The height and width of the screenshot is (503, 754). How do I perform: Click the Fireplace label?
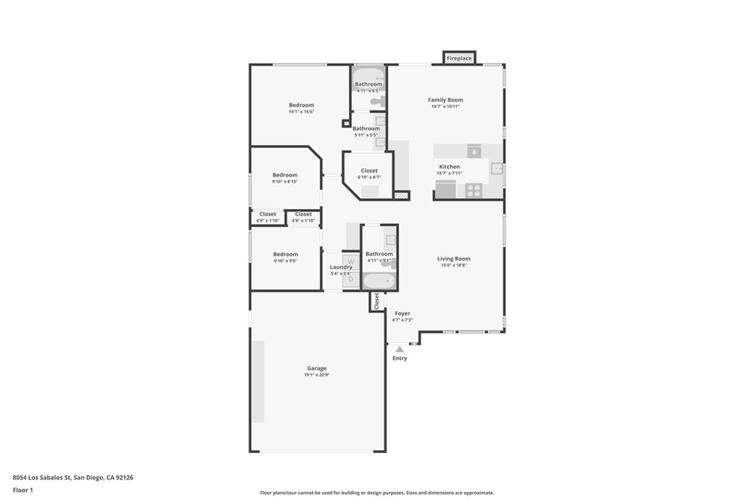point(459,58)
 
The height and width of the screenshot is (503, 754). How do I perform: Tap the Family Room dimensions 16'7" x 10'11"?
point(445,107)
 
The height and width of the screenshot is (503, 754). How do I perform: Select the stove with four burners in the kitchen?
point(473,191)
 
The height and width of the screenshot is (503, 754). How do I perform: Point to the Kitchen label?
point(449,166)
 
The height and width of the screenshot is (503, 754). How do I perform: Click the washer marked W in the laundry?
point(351,261)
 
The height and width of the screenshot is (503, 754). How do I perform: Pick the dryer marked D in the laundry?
point(351,279)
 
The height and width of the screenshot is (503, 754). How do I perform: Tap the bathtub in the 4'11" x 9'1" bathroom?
point(379,281)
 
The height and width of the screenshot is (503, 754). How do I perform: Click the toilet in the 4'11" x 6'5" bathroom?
point(376,101)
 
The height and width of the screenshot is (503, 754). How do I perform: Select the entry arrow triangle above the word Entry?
point(399,349)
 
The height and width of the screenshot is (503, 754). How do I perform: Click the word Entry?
point(399,359)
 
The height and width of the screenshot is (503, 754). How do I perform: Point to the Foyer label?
point(402,313)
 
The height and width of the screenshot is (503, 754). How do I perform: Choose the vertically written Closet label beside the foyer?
point(377,300)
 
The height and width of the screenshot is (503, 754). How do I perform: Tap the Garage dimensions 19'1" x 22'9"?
point(317,375)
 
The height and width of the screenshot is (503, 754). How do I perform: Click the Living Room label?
point(454,258)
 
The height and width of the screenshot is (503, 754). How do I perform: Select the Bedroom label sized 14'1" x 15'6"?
point(301,105)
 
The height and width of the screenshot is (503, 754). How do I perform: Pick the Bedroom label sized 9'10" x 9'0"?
point(285,254)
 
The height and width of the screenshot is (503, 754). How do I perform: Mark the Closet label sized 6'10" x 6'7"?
point(369,171)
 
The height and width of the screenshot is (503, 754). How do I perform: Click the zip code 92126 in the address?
point(124,477)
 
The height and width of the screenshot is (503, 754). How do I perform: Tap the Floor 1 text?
point(23,490)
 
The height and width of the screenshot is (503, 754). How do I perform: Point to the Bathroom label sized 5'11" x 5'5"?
point(366,129)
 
